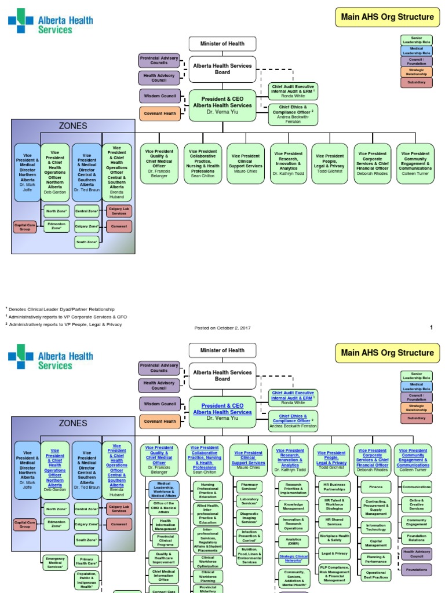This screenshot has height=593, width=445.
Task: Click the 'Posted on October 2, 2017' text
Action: coord(222,328)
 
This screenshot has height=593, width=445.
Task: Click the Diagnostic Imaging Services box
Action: coord(249,519)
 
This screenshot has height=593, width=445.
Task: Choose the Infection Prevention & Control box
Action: coord(249,537)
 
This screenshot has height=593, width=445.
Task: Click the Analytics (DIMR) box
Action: coord(293,541)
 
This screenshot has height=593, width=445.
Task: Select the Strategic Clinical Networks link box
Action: coord(293,559)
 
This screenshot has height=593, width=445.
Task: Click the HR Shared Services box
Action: coord(334,521)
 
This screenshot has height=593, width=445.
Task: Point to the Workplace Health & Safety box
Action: coord(334,538)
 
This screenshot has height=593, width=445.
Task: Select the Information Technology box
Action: coord(376,527)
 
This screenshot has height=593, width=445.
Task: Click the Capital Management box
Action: coord(376,543)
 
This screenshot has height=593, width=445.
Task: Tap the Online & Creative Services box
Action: coord(417,504)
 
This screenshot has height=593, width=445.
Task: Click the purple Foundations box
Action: coord(417,569)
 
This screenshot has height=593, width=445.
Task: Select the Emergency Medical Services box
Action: coord(56,563)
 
